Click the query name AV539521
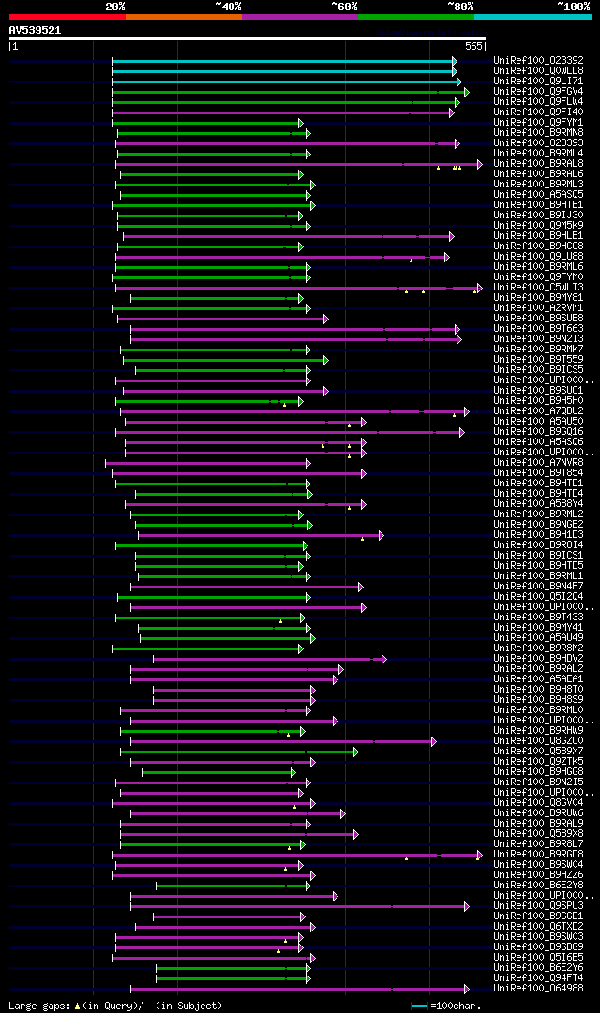[x=35, y=30]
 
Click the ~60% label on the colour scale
[x=344, y=6]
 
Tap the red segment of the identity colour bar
[x=67, y=17]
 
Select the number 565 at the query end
[x=473, y=46]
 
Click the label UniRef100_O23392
[x=537, y=60]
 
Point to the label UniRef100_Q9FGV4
[x=537, y=91]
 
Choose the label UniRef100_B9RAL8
[x=537, y=163]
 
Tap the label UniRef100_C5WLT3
[x=537, y=287]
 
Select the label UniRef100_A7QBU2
[x=537, y=410]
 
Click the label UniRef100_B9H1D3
[x=537, y=534]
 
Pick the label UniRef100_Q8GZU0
[x=537, y=741]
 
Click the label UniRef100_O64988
[x=537, y=988]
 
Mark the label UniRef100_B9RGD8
[x=537, y=854]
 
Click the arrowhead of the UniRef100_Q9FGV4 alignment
[x=466, y=92]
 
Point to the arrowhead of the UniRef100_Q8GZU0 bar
[x=433, y=741]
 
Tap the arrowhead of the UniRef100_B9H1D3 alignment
[x=380, y=535]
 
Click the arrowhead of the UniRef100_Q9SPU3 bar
[x=466, y=906]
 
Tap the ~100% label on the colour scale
[x=574, y=6]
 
